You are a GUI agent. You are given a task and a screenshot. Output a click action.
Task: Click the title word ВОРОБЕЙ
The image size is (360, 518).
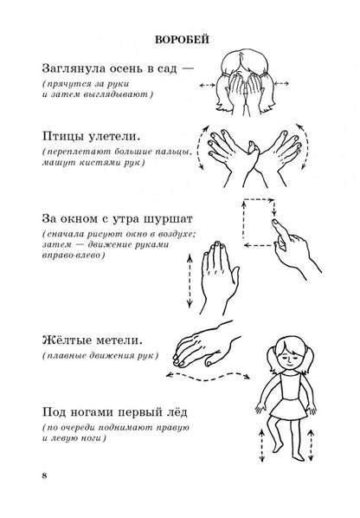tap(180, 38)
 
